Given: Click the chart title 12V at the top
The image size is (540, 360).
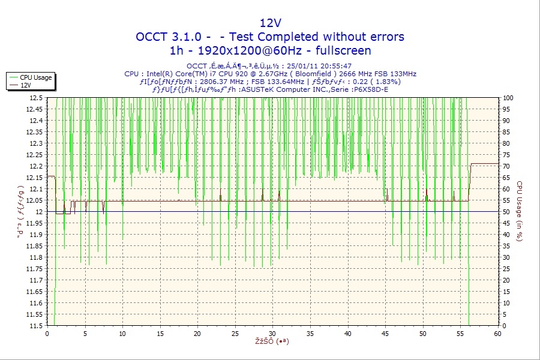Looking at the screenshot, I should pyautogui.click(x=270, y=23).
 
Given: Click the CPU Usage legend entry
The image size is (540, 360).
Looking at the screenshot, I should pyautogui.click(x=35, y=77).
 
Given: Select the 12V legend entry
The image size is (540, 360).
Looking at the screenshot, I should pyautogui.click(x=25, y=85).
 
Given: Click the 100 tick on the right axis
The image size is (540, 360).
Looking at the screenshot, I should pyautogui.click(x=508, y=97).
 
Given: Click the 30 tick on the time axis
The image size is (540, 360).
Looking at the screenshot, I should pyautogui.click(x=272, y=334).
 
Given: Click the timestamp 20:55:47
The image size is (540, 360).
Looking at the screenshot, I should pyautogui.click(x=337, y=66).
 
